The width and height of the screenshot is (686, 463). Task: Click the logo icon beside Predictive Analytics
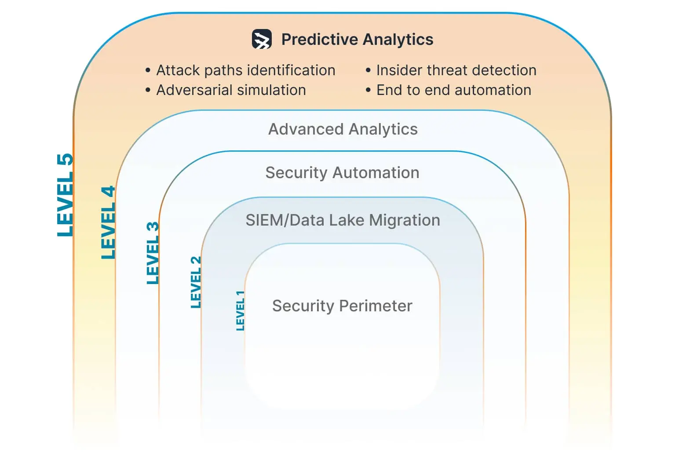click(262, 39)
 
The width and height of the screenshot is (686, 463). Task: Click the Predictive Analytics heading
click(357, 40)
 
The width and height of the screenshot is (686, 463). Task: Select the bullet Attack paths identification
click(245, 70)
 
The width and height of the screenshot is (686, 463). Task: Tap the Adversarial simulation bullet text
click(231, 90)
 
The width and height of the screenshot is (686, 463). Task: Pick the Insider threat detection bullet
click(456, 70)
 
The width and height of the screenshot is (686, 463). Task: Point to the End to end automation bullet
click(453, 90)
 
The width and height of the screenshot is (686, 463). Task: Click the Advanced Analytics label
click(343, 129)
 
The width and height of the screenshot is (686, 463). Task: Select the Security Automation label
click(342, 173)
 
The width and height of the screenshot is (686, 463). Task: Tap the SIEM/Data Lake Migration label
click(343, 220)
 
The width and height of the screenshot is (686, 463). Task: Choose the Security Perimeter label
click(342, 306)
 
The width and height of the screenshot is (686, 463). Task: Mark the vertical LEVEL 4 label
click(108, 222)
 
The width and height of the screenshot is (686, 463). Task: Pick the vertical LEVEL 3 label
click(153, 253)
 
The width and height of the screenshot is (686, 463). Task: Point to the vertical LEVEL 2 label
click(196, 282)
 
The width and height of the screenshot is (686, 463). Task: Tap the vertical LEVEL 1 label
click(240, 310)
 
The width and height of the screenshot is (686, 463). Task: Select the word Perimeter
click(376, 306)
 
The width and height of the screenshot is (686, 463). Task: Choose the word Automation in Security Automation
click(376, 173)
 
